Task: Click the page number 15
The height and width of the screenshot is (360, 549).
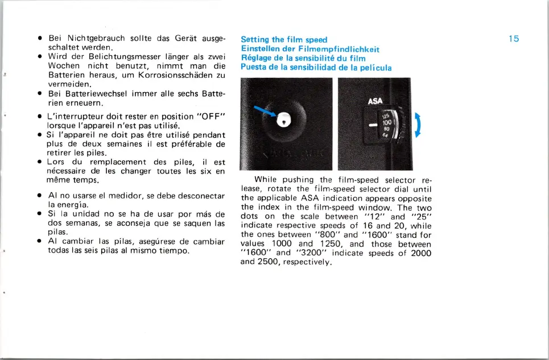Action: coord(514,39)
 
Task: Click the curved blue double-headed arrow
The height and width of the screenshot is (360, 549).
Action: coord(419,125)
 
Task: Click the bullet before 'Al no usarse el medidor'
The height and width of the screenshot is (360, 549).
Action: coord(40,196)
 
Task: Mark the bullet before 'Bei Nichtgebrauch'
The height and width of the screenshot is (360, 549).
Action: coord(40,39)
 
